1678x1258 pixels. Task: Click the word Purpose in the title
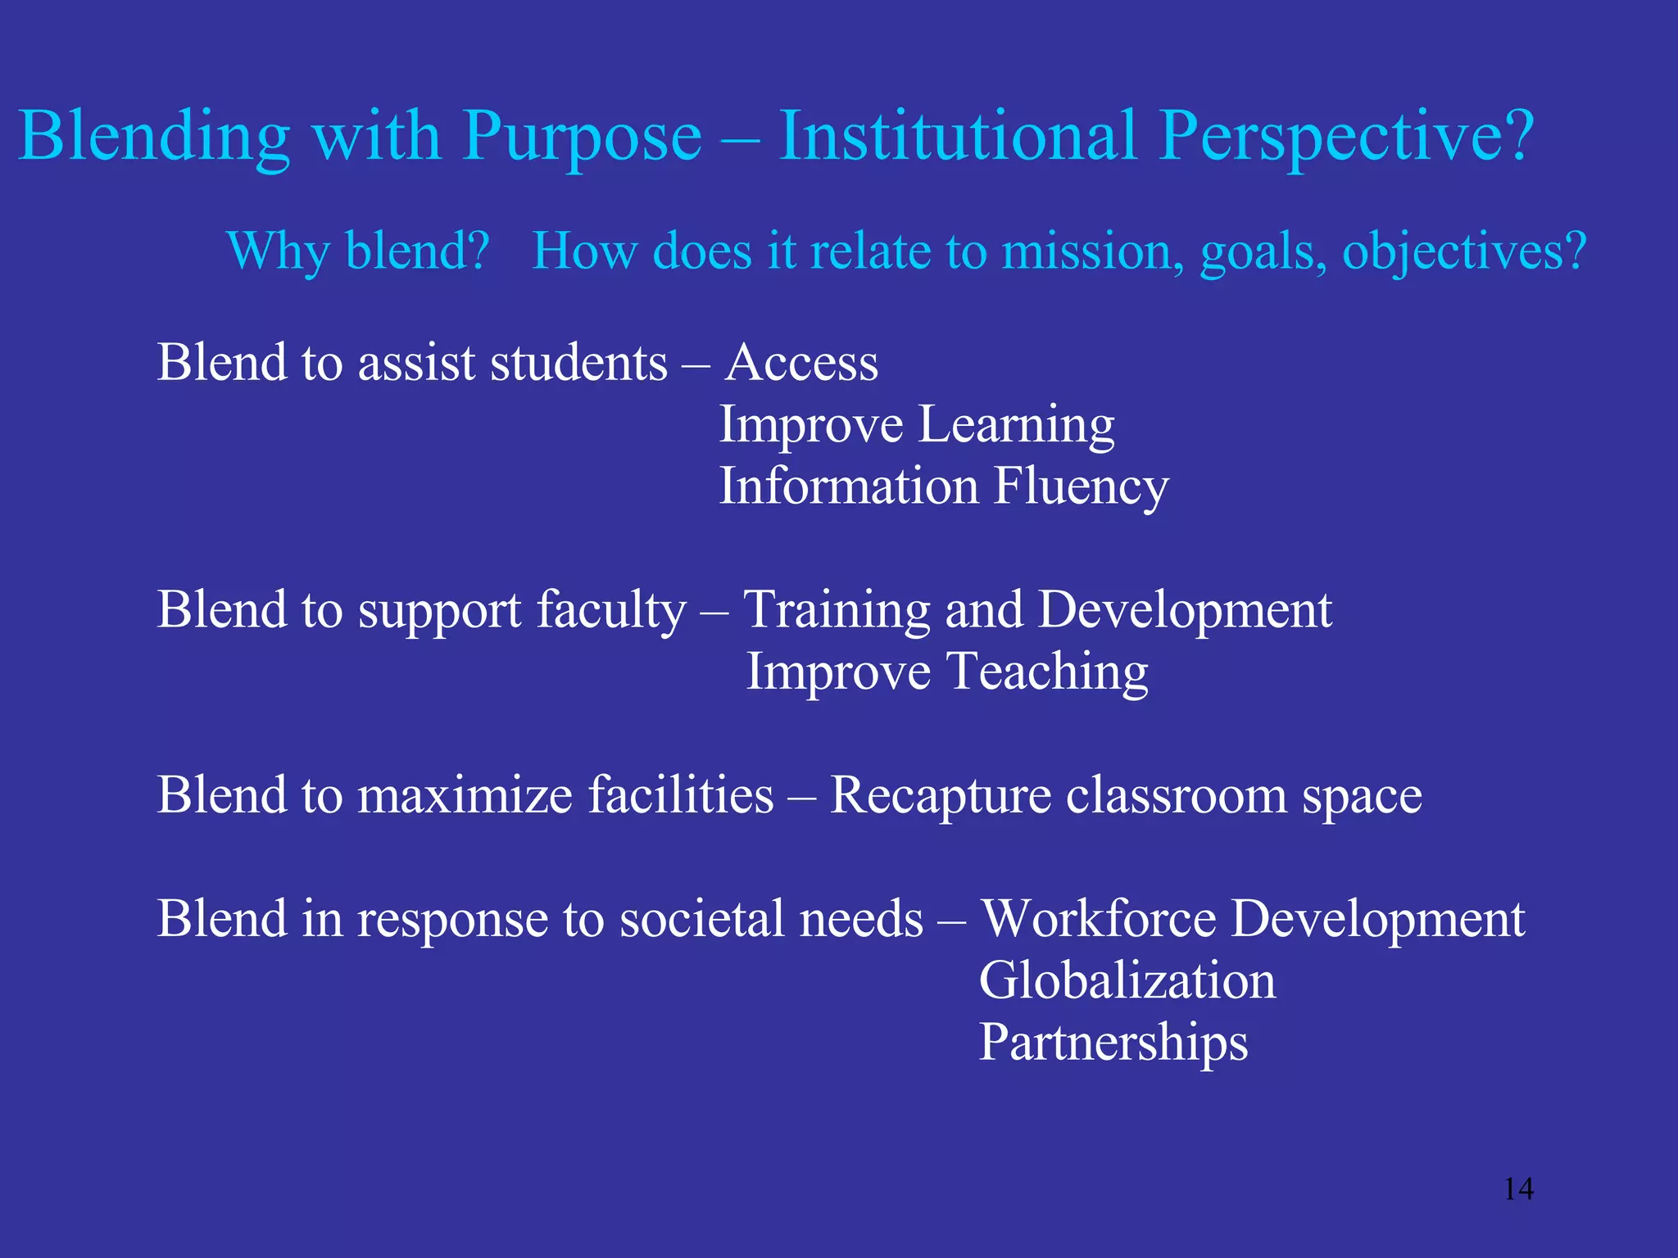click(582, 138)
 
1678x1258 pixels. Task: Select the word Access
click(801, 363)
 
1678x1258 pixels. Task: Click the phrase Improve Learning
click(916, 425)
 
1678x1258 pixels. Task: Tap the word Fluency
click(1081, 487)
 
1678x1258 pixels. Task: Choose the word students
click(578, 363)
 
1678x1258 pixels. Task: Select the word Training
click(836, 611)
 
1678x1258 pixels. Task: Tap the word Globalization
click(1127, 981)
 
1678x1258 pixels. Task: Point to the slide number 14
click(1518, 1188)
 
